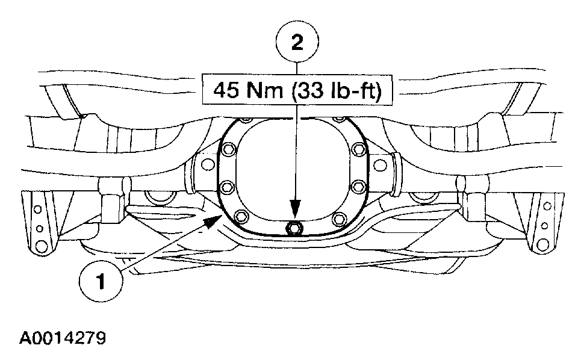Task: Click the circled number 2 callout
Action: tap(297, 42)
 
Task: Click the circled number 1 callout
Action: tap(101, 281)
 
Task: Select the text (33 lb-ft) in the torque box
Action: tap(336, 90)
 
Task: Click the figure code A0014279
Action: tap(63, 338)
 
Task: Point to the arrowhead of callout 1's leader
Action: tap(213, 222)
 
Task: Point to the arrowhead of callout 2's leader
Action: tap(295, 208)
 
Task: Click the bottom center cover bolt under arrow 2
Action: tap(294, 229)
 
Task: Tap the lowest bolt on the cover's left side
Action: tap(241, 216)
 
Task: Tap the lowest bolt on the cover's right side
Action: tap(339, 219)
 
